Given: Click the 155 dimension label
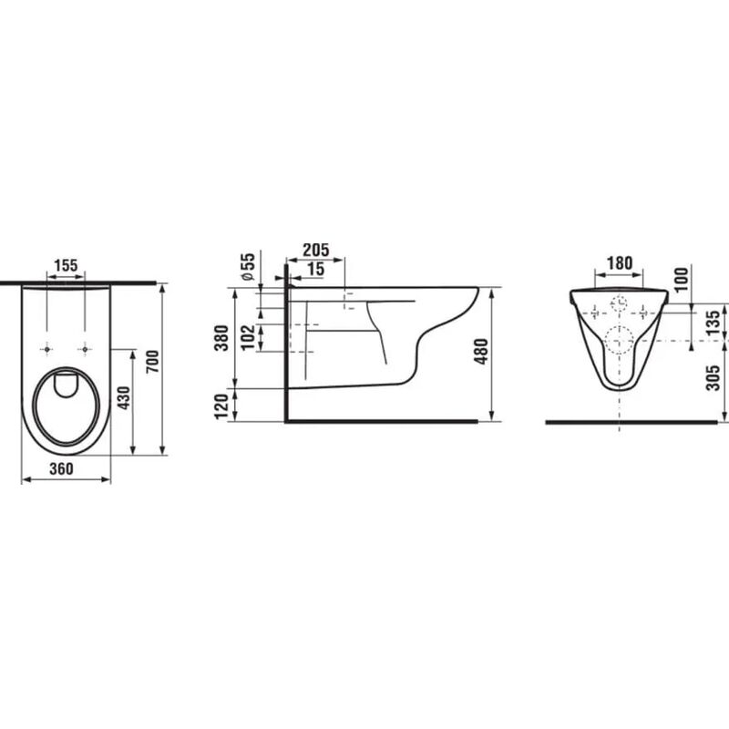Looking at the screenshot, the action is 66,265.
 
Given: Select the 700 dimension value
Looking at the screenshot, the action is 153,361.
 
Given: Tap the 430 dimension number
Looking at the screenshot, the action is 124,397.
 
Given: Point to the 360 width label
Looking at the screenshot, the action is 61,468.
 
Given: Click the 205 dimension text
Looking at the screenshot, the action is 315,250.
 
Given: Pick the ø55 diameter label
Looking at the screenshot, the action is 249,266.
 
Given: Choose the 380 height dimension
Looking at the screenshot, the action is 221,338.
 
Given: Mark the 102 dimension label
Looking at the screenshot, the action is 249,337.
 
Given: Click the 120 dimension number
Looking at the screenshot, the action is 221,406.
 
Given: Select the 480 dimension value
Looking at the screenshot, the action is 482,352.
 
